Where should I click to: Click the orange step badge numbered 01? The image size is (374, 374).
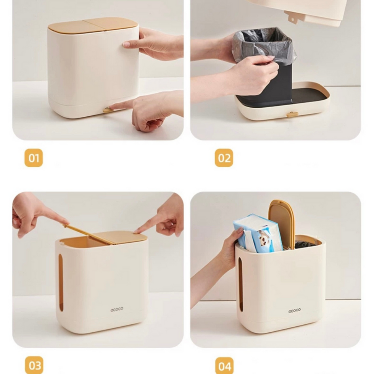click(34, 158)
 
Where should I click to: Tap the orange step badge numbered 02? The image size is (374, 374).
click(224, 158)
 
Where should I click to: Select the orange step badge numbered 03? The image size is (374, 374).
click(34, 365)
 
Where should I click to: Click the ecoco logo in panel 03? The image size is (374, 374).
click(117, 310)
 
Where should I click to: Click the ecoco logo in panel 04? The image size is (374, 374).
click(294, 311)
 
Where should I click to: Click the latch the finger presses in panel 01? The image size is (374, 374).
click(108, 110)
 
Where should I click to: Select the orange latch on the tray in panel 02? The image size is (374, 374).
click(292, 114)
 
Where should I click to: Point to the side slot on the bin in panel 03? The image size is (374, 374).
click(61, 282)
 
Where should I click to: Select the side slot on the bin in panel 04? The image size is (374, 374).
click(240, 284)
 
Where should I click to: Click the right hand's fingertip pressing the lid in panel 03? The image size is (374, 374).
click(137, 231)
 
